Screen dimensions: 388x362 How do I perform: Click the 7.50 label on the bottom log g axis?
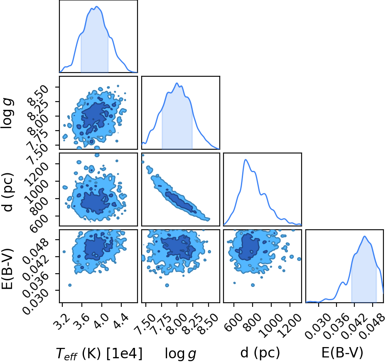pyautogui.click(x=146, y=323)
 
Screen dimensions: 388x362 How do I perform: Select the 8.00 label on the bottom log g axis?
pyautogui.click(x=177, y=323)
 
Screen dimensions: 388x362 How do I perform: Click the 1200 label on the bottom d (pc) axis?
pyautogui.click(x=290, y=325)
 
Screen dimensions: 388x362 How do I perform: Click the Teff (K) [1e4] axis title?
pyautogui.click(x=99, y=353)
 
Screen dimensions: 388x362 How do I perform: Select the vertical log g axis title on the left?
pyautogui.click(x=7, y=113)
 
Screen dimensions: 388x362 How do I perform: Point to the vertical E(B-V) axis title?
pyautogui.click(x=7, y=266)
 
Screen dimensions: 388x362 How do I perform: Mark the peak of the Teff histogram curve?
pyautogui.click(x=96, y=6)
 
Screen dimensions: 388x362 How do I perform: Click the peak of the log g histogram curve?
pyautogui.click(x=177, y=83)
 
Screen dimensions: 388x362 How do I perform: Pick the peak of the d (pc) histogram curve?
pyautogui.click(x=246, y=160)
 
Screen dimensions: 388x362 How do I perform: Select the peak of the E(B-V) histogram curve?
pyautogui.click(x=364, y=236)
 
